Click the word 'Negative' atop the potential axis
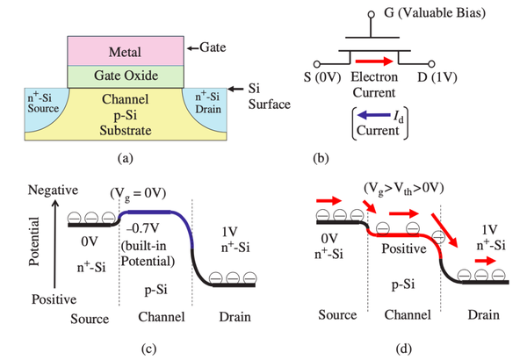point(55,189)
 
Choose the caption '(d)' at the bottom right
point(402,349)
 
